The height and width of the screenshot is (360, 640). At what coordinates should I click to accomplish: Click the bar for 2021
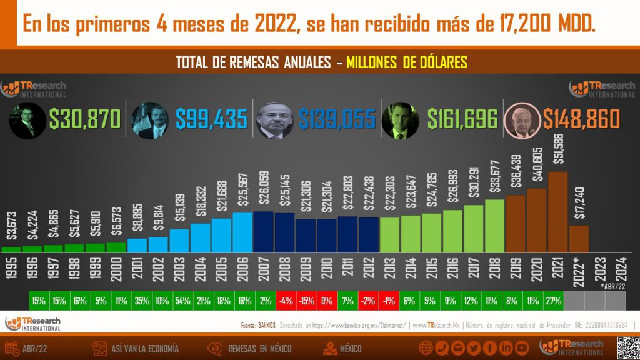point(557,211)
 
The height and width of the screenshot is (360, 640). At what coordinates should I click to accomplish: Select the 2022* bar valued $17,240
point(579,238)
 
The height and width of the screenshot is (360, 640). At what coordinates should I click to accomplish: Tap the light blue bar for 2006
point(243,232)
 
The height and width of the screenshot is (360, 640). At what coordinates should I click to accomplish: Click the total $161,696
point(462,119)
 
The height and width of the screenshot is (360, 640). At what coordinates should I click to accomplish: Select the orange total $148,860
point(581,119)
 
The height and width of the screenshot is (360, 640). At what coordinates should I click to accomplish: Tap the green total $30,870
point(84,119)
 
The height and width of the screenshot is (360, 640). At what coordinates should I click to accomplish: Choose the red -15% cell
point(306,301)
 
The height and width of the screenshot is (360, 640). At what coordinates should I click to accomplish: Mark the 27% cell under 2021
point(554,301)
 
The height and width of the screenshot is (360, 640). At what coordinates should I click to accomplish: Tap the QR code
point(627,347)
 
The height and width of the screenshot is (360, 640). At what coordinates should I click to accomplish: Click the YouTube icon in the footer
point(522,348)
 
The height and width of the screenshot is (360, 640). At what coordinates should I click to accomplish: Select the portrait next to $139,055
point(275,119)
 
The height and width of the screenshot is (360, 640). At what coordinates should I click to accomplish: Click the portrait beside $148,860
point(522,121)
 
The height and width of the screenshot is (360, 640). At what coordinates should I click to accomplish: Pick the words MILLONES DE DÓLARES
point(407,62)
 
